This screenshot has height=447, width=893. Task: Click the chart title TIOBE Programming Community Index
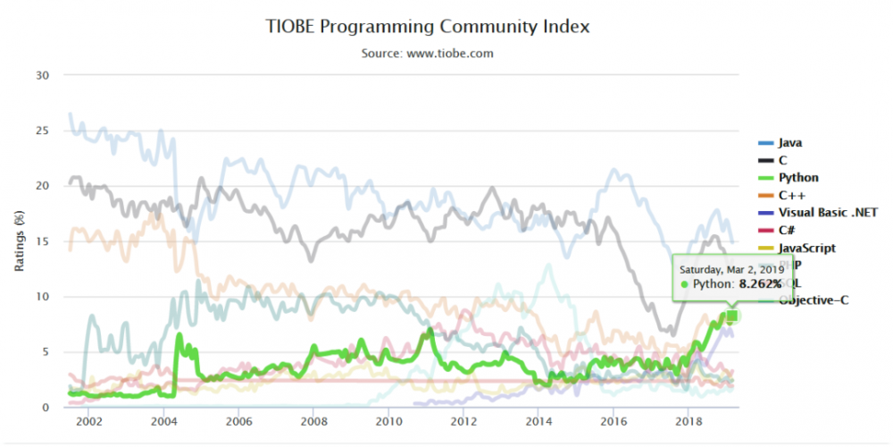coord(427,26)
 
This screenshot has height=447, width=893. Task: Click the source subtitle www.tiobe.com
coord(427,54)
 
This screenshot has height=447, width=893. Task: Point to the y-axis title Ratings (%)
coord(19,241)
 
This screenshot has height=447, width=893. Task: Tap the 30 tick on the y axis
coord(42,75)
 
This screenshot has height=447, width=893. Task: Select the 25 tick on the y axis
coord(42,131)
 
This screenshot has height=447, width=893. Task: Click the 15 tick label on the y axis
coord(42,241)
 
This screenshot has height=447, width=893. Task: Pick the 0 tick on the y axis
coord(45,408)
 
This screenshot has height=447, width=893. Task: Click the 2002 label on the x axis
coord(88,421)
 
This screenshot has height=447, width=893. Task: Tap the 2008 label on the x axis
coord(313,421)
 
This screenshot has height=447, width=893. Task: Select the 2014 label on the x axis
coord(538,421)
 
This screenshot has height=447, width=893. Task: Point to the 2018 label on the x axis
coord(688,421)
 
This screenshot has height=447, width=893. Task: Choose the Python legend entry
coord(797,178)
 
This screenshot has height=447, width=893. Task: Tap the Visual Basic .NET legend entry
coord(828,213)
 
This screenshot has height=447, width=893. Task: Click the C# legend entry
coord(786,230)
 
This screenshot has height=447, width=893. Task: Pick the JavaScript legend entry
coord(807,248)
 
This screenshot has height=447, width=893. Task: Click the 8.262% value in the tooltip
coord(760,284)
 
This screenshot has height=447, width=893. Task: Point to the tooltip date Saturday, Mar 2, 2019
coord(731,268)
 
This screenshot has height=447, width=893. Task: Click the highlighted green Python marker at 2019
coord(732,316)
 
